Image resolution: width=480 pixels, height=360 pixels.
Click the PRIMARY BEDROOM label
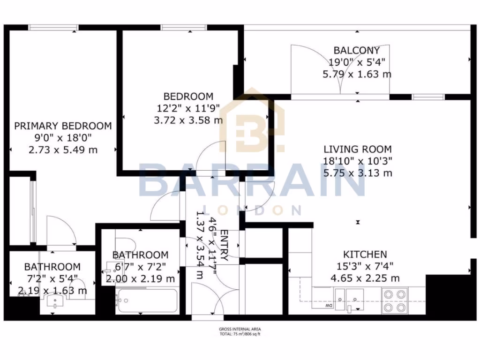pos(63,126)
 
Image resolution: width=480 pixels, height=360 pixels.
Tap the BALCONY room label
pos(357,50)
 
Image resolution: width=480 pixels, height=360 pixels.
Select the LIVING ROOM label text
pos(358,150)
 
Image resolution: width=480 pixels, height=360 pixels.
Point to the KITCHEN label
pos(365,255)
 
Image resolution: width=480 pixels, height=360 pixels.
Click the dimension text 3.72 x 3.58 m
pos(188,120)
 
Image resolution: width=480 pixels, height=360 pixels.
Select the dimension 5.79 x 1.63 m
pos(357,74)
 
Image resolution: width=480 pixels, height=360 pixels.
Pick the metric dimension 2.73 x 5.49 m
pos(63,150)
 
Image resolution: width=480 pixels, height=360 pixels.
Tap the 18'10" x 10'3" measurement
pos(358,161)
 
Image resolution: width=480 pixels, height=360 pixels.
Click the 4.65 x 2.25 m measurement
pos(365,278)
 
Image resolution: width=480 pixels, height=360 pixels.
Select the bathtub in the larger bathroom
pos(147,300)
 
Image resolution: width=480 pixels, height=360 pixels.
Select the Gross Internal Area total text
pos(240,331)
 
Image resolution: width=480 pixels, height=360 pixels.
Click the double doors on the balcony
pos(340,70)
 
